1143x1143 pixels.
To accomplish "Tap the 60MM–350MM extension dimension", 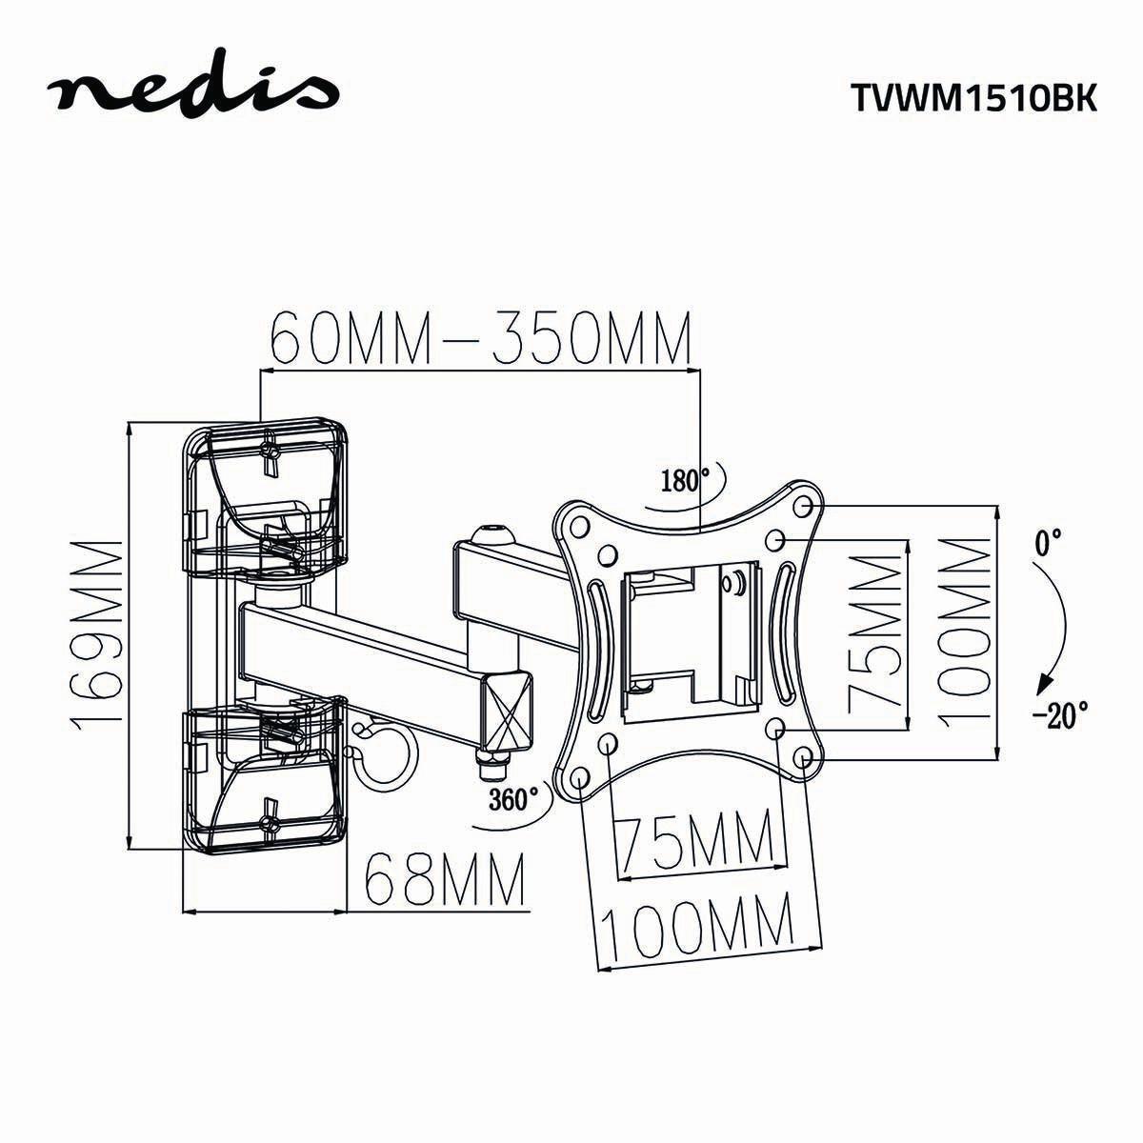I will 479,339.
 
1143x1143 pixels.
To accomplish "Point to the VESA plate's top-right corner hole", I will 802,503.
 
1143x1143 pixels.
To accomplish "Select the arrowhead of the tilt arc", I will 1043,682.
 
